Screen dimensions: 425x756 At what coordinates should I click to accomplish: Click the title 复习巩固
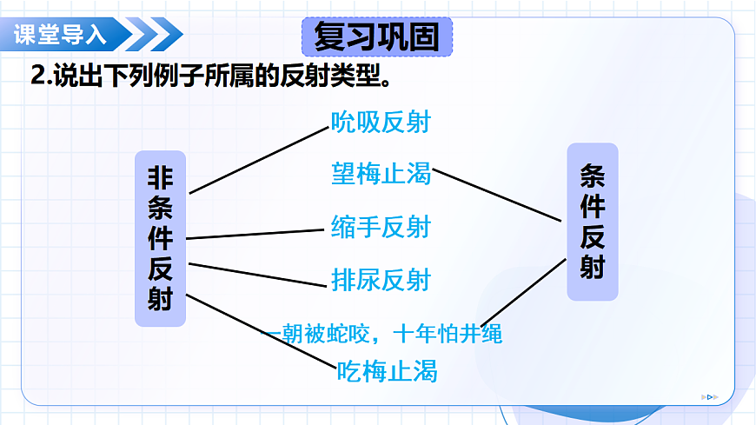[x=376, y=37]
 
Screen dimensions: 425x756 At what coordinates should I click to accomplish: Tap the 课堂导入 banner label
[x=60, y=35]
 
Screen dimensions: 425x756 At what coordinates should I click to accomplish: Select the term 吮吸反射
[x=381, y=122]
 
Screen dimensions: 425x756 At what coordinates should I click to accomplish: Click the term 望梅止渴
[x=381, y=174]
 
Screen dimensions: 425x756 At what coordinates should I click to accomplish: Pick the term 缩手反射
[x=381, y=228]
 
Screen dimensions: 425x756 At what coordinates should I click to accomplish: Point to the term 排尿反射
[x=381, y=280]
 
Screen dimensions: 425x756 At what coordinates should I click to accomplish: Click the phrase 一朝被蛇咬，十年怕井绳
[x=382, y=333]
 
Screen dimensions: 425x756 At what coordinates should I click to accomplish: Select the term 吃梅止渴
[x=387, y=372]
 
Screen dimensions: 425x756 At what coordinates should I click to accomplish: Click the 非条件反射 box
[x=161, y=239]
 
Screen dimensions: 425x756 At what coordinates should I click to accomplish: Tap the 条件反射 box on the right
[x=592, y=222]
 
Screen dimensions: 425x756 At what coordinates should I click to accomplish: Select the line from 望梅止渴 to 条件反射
[x=497, y=195]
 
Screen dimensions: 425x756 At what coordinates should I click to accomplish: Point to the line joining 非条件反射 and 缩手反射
[x=255, y=234]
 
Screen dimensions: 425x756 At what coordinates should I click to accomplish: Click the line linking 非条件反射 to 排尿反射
[x=256, y=275]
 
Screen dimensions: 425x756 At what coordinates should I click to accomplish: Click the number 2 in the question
[x=37, y=76]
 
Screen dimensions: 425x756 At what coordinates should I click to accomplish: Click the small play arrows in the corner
[x=710, y=397]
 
